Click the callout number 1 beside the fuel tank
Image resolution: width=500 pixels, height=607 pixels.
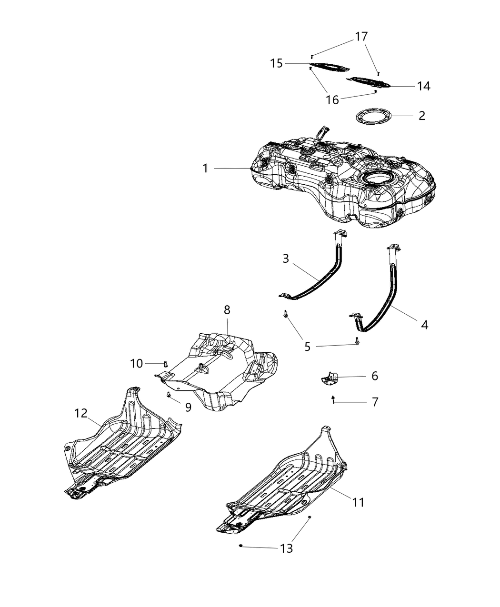(205, 169)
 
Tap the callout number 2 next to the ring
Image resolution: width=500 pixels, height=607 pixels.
(421, 116)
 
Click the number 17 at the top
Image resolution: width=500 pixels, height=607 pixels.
(361, 36)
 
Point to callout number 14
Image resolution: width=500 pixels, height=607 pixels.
(423, 86)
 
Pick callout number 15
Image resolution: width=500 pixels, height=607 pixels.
(277, 63)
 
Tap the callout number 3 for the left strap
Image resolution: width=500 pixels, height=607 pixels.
(286, 259)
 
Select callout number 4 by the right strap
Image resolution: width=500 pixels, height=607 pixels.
(424, 325)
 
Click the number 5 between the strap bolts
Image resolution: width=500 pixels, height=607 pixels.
(307, 347)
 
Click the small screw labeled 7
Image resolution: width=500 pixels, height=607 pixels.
(333, 399)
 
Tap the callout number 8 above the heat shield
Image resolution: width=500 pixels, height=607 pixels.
(227, 310)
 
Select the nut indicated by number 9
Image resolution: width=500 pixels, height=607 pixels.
(169, 395)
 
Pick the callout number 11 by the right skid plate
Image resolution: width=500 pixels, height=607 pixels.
(358, 502)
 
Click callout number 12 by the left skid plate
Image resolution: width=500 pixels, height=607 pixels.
(81, 413)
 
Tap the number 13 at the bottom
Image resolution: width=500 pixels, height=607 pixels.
(286, 548)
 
